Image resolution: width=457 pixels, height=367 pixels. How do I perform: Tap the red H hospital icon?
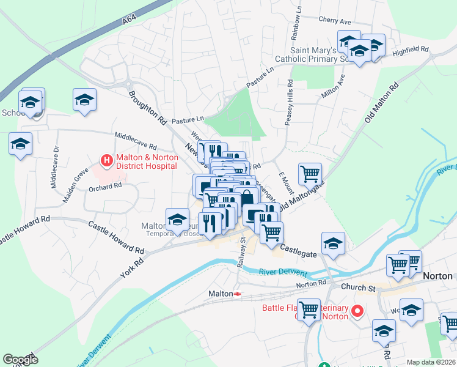coord(107,160)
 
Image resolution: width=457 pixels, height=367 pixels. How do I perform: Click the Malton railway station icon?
coord(237,294)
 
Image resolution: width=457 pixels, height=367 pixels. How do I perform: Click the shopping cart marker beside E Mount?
coord(310,174)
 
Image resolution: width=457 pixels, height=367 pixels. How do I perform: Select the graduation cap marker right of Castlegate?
coord(333,243)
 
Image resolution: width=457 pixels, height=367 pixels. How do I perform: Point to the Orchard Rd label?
coord(105,187)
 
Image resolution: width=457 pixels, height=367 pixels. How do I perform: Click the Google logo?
coord(20,360)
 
